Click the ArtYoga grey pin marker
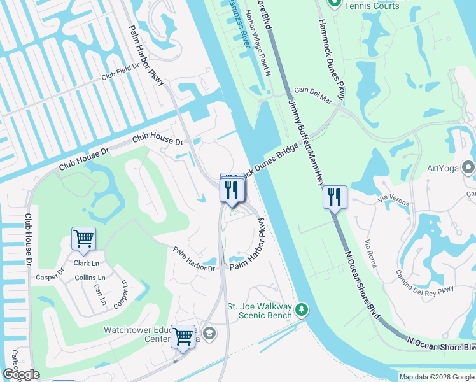point(469,168)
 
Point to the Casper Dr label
point(50,277)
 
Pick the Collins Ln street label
point(90,278)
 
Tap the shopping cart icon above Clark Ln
point(83,239)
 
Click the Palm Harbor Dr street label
point(195,260)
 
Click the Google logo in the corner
point(21,374)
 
